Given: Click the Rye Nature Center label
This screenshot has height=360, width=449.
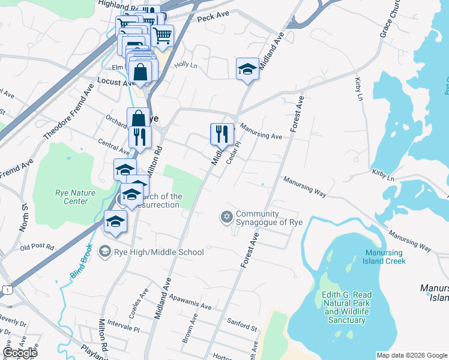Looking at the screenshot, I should point(71,197).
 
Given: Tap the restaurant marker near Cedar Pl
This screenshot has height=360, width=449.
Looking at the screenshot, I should point(222,135).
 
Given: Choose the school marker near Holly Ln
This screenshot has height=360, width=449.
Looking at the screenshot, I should point(247,70).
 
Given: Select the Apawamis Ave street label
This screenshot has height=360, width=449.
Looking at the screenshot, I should point(190,302).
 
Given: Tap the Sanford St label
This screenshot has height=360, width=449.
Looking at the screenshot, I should point(242,325).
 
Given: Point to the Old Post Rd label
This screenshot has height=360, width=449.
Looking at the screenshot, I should point(37,247).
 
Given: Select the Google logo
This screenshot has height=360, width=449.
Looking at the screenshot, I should point(20,353).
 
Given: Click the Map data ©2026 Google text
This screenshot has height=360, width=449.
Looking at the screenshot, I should point(411,355).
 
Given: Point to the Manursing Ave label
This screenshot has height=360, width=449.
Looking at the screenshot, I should point(261,132).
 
